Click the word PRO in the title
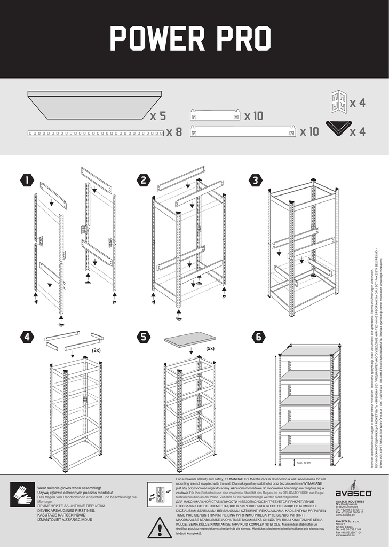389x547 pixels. (241, 38)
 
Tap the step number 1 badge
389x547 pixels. (26, 181)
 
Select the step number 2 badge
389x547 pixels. (144, 181)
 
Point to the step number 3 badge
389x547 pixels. (258, 181)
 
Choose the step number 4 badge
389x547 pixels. (26, 337)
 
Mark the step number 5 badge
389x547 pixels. (144, 337)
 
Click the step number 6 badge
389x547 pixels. (258, 337)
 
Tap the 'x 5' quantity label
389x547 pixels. (158, 116)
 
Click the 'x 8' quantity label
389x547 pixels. (174, 132)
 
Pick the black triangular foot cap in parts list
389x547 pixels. (336, 128)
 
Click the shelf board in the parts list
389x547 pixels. (95, 105)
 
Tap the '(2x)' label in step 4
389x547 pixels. (96, 350)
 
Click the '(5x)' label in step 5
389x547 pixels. (210, 348)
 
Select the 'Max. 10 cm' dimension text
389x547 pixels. (304, 462)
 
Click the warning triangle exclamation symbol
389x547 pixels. (160, 527)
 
